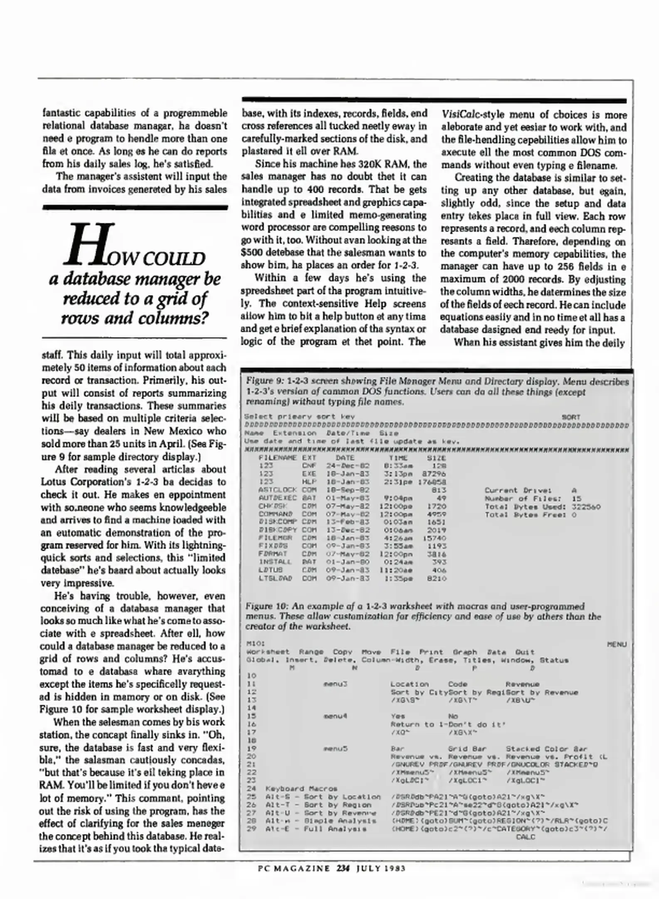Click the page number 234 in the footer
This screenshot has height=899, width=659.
[x=343, y=868]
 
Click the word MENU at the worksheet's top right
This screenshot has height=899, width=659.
[x=617, y=644]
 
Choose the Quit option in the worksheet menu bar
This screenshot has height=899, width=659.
[x=525, y=652]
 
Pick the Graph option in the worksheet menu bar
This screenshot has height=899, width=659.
[x=465, y=652]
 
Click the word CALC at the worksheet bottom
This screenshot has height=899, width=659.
[x=525, y=837]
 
